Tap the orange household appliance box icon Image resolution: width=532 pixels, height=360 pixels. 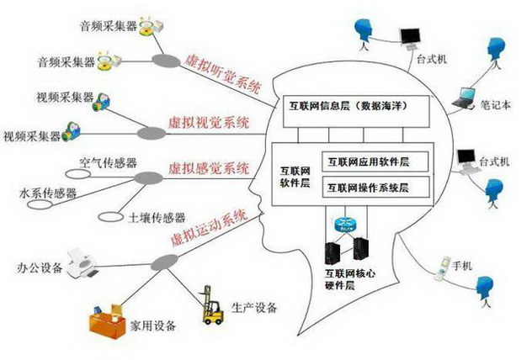pyautogui.click(x=107, y=322)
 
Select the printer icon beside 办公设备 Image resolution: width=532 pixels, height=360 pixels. pyautogui.click(x=82, y=263)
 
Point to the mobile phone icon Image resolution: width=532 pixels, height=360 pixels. pyautogui.click(x=442, y=269)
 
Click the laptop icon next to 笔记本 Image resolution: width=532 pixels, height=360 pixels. pyautogui.click(x=464, y=98)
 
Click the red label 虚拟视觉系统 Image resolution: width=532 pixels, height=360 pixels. pyautogui.click(x=209, y=122)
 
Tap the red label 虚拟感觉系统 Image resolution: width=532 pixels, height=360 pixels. pyautogui.click(x=209, y=168)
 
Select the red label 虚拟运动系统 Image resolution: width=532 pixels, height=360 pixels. pyautogui.click(x=210, y=228)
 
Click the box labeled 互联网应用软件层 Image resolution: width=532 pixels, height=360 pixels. pyautogui.click(x=375, y=161)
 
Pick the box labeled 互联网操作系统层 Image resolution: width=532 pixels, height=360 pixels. pyautogui.click(x=375, y=187)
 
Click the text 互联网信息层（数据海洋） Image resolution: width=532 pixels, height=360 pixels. pyautogui.click(x=348, y=106)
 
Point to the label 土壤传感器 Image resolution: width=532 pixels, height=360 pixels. pyautogui.click(x=157, y=218)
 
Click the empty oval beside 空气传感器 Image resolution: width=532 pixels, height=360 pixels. pyautogui.click(x=78, y=174)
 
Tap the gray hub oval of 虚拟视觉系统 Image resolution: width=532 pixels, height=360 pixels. pyautogui.click(x=152, y=133)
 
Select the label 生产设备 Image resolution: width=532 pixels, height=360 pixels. pyautogui.click(x=254, y=308)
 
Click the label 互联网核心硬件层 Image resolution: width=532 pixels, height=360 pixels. pyautogui.click(x=350, y=279)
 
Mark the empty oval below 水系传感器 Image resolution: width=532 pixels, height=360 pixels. pyautogui.click(x=40, y=204)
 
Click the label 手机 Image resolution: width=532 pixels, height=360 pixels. pyautogui.click(x=462, y=266)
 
